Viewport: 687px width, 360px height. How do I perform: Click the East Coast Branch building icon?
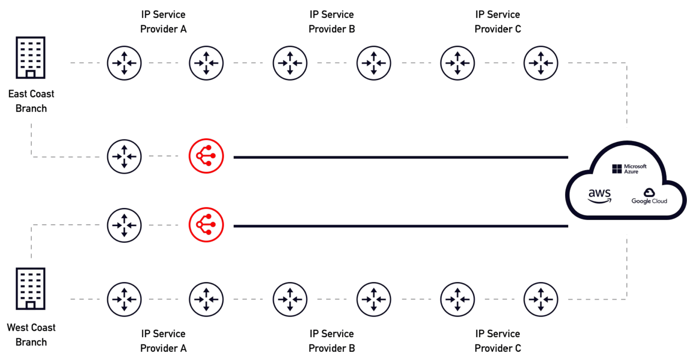pyautogui.click(x=31, y=57)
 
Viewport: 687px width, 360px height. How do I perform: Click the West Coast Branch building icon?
pyautogui.click(x=31, y=289)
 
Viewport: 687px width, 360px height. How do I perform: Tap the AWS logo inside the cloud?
pyautogui.click(x=599, y=196)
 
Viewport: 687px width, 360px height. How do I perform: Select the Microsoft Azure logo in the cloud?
pyautogui.click(x=629, y=169)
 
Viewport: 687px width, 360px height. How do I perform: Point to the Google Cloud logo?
pyautogui.click(x=649, y=196)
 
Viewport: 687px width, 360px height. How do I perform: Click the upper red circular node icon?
pyautogui.click(x=206, y=156)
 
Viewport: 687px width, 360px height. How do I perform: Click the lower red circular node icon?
pyautogui.click(x=206, y=225)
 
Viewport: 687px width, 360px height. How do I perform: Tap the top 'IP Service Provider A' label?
pyautogui.click(x=163, y=22)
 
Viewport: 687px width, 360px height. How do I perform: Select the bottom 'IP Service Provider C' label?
pyautogui.click(x=497, y=341)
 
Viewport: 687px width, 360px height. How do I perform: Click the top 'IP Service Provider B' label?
pyautogui.click(x=331, y=22)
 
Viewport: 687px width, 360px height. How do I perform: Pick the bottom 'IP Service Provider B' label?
pyautogui.click(x=331, y=341)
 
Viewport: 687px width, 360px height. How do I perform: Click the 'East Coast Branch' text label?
pyautogui.click(x=31, y=101)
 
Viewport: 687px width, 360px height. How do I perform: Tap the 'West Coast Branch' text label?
pyautogui.click(x=31, y=335)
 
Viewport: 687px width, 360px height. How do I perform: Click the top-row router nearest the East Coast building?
pyautogui.click(x=124, y=63)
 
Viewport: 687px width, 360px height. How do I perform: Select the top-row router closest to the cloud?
pyautogui.click(x=540, y=63)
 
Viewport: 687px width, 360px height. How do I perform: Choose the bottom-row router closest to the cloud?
pyautogui.click(x=540, y=299)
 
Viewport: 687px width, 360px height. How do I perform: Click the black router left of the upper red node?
pyautogui.click(x=124, y=156)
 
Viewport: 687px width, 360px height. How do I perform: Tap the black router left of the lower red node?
pyautogui.click(x=124, y=225)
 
